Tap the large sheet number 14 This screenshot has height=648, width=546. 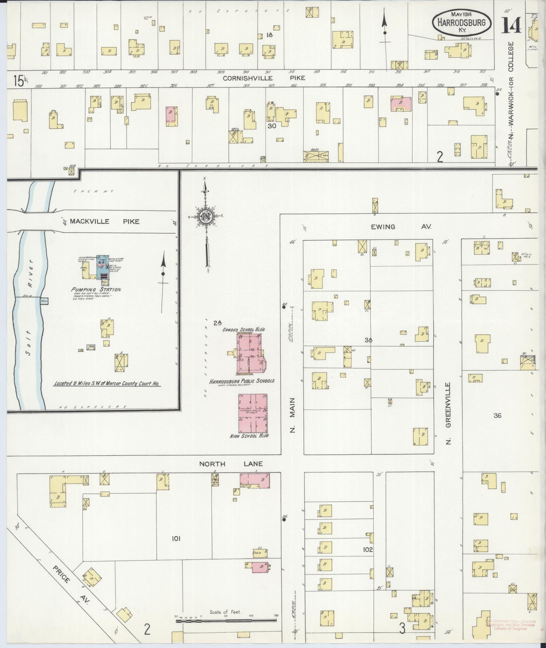click(x=511, y=25)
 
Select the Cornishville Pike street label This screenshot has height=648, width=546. click(x=264, y=78)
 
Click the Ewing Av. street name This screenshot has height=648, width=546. click(x=401, y=227)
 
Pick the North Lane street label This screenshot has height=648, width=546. click(x=231, y=464)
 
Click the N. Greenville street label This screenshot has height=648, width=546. click(x=449, y=413)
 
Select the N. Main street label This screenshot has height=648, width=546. click(x=293, y=415)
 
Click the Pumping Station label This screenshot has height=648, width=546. click(x=96, y=289)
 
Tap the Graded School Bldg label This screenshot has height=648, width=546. click(x=243, y=329)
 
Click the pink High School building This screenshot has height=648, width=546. click(x=253, y=413)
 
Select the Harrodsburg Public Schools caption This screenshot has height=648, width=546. click(x=242, y=381)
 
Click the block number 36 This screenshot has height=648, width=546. click(x=497, y=415)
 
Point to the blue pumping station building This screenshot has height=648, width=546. click(x=103, y=268)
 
